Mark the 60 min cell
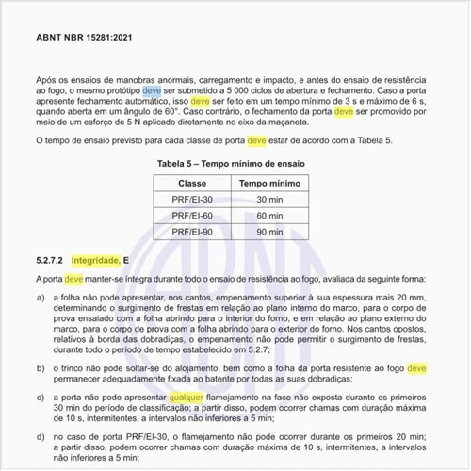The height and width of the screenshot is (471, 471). point(269,215)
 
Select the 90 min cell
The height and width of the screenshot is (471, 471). point(269,231)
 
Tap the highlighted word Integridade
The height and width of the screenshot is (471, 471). point(95,259)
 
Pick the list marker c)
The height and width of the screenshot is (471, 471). point(41,398)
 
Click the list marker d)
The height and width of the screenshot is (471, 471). point(41,439)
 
